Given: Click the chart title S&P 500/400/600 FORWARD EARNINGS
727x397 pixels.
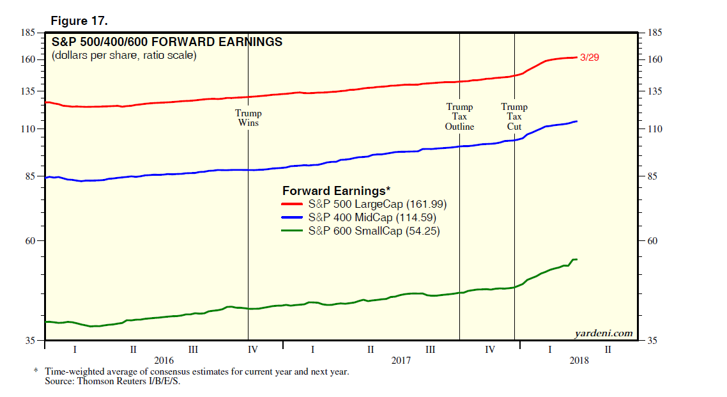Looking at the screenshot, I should point(166,42).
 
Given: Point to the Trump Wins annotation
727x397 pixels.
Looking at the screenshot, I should point(249,118).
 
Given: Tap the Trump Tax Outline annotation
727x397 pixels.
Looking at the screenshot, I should point(459,117).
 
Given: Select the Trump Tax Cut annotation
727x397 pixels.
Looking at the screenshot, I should point(514,117).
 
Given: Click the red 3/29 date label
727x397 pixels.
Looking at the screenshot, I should point(588,58).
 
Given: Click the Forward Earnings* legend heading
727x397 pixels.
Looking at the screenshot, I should point(336,191).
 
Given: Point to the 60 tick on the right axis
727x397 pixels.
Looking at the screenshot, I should point(653,241).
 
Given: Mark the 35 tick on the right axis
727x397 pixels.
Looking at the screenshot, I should point(653,341).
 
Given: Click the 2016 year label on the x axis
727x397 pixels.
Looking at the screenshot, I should point(164,361).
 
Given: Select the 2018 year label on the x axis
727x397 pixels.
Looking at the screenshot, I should point(579,361).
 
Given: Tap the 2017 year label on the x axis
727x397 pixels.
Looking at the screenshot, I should point(401,361).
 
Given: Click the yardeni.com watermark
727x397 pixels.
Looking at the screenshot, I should point(604,333).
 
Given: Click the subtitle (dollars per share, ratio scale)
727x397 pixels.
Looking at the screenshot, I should point(124,56).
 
